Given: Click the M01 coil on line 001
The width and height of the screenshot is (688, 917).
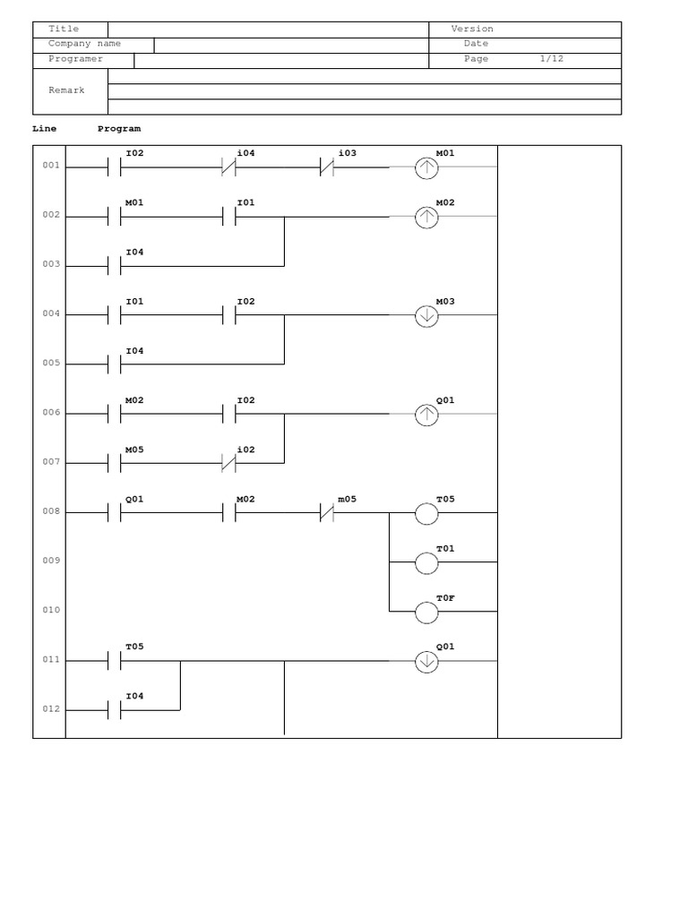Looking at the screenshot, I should [x=426, y=167].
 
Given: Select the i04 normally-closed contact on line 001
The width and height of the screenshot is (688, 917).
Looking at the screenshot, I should [x=228, y=167].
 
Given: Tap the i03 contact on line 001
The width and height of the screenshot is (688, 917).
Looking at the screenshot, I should [x=327, y=167].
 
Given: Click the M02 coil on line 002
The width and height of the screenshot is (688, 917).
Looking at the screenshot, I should [x=426, y=217].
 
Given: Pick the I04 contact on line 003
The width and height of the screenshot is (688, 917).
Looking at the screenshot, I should [x=114, y=266].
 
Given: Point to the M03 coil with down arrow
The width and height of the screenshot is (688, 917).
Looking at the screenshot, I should [x=426, y=315].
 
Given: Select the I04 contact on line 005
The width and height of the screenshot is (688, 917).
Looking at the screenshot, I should [x=114, y=364].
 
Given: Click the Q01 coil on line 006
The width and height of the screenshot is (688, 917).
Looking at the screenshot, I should [x=426, y=414].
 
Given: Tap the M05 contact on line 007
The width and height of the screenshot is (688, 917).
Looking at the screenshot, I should [x=114, y=463].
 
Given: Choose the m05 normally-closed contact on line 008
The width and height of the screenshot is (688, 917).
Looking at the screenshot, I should [x=327, y=513].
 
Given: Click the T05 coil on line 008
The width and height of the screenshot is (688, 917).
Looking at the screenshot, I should [x=426, y=513].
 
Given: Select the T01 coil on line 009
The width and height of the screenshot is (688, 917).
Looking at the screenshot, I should [x=426, y=562].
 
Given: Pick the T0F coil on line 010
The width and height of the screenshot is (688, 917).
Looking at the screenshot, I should [x=426, y=612].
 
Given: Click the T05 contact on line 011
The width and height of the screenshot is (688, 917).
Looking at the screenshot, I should [x=114, y=661].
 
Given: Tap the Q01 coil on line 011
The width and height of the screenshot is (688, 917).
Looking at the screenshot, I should [x=426, y=661].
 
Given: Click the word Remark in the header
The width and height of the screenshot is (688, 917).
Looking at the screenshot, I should [x=66, y=90].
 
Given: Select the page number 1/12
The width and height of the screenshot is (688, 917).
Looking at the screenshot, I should [x=552, y=59].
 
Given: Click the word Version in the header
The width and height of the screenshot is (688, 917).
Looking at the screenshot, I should [x=472, y=29].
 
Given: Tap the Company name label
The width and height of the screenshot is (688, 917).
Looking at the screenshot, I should [x=84, y=44].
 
